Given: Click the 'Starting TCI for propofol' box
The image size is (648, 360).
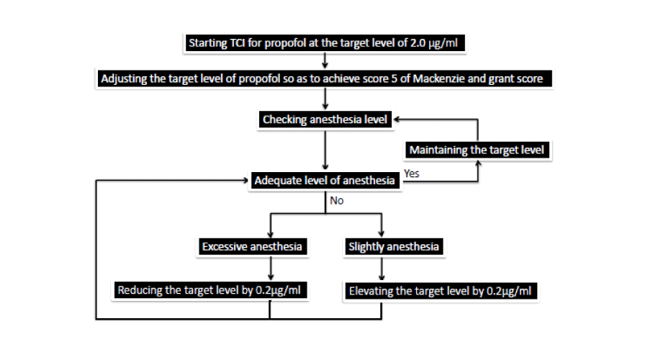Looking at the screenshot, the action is (325, 43).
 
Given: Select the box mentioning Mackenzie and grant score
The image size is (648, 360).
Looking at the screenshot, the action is (325, 78).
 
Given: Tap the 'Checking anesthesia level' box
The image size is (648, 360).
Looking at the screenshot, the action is (325, 120).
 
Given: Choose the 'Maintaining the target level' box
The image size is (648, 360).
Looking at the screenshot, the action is (477, 150).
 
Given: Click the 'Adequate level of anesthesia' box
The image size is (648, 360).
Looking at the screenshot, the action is (325, 181).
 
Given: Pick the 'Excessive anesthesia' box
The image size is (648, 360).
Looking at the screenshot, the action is (252, 247).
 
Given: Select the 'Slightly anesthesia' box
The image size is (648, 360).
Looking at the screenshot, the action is (394, 247).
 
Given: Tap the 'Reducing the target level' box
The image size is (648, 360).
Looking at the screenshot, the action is (210, 290).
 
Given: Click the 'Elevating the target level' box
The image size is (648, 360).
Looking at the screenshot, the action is (441, 291).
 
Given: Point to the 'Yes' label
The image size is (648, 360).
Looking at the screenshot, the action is (412, 174).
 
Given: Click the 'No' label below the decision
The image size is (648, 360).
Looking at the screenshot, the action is (337, 201).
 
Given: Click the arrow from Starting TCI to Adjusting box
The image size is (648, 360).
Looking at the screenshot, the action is (325, 60).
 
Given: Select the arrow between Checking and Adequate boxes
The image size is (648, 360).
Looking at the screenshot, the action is (325, 150).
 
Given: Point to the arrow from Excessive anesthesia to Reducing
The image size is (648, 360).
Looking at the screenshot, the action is (271, 269).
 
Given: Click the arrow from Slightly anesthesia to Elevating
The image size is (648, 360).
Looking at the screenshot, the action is (382, 269).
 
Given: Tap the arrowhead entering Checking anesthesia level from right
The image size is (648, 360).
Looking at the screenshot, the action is (396, 120).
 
